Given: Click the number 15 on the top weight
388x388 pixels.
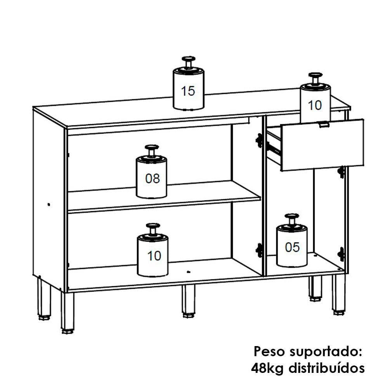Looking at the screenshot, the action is coord(188,91).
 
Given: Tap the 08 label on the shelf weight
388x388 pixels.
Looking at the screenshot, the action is coord(152,178).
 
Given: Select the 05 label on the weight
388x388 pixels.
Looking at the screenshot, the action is coord(292,247).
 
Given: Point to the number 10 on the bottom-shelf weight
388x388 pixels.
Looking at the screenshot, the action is coord(154,256).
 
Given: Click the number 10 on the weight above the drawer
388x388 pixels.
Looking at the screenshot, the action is coord(315,106).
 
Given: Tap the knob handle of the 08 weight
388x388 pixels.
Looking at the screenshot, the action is coord(152,151).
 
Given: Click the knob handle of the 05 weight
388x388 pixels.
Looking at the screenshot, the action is coord(292,219).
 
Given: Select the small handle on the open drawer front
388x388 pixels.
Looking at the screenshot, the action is coord(324,125).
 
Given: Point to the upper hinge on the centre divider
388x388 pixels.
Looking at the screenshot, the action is coord(259,140).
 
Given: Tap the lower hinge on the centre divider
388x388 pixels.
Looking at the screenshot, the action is coord(259,250).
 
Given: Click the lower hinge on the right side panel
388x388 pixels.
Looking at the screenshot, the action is coord(341,254).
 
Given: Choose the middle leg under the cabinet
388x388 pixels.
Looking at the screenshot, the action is coord(189,301).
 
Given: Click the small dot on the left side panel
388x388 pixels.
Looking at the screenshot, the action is coord(49,204).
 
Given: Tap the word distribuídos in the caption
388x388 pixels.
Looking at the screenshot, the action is coord(327,368).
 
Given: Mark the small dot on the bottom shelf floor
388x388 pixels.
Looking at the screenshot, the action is coord(189,272).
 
